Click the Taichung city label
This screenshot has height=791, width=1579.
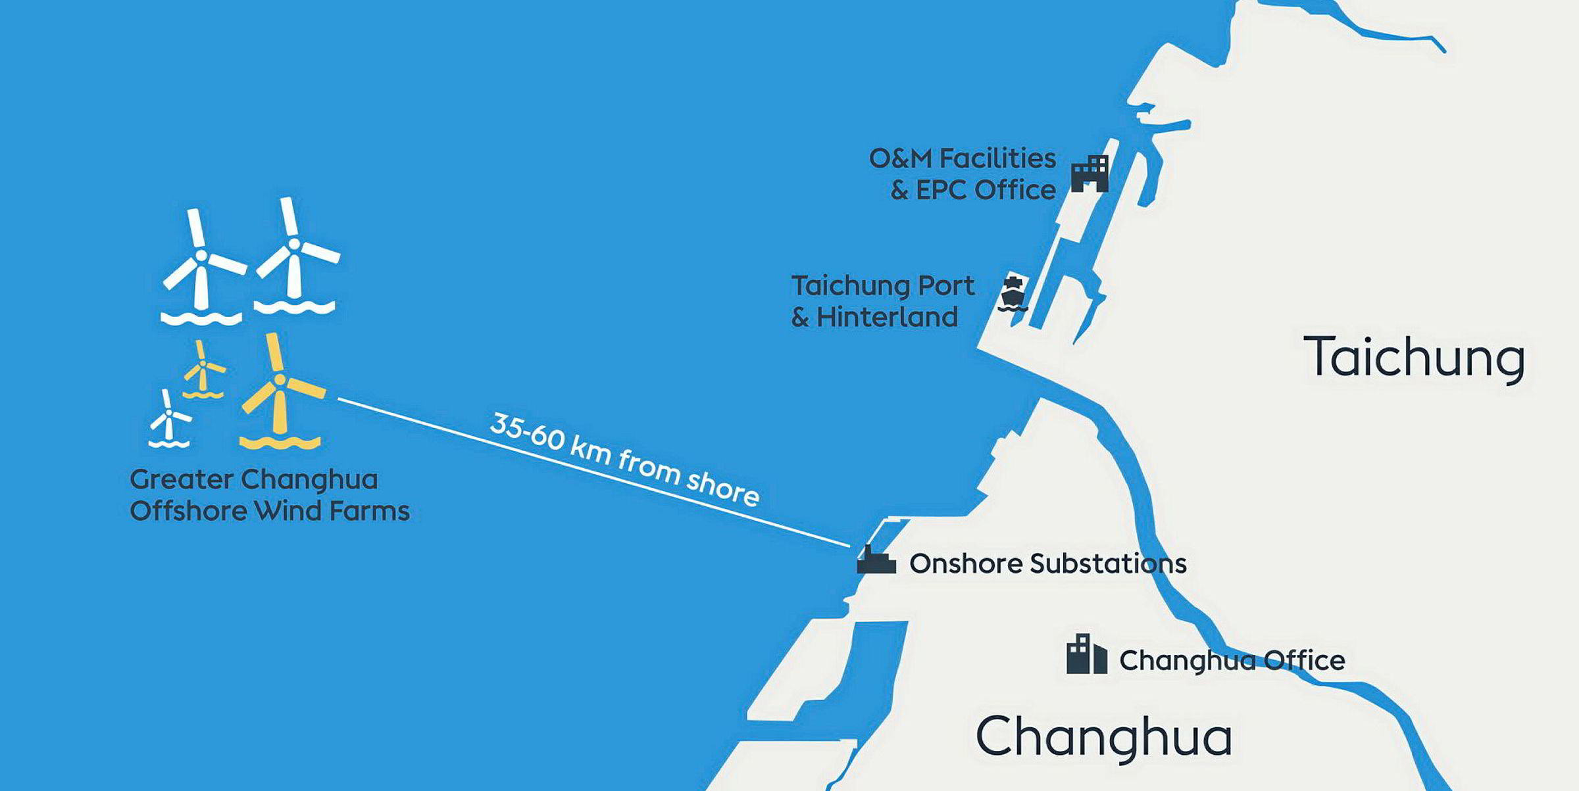point(1414,358)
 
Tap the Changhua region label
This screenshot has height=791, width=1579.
point(1103,736)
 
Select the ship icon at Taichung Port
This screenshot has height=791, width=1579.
point(1013,293)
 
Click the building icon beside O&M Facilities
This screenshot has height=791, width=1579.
point(1090,174)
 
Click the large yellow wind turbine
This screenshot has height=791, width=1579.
point(281,395)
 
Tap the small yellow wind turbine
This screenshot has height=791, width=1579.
point(203,370)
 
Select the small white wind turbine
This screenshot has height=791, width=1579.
point(169,419)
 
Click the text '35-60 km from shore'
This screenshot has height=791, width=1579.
point(624,459)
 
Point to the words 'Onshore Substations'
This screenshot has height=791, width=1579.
point(1047,563)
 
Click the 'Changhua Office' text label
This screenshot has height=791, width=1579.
point(1232,661)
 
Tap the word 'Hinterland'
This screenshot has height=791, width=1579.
point(887,318)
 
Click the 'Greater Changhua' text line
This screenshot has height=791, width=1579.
point(254,479)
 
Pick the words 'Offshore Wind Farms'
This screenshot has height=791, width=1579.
point(270,511)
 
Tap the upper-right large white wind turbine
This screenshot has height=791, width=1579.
point(294,258)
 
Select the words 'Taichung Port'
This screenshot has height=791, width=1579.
point(882,286)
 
